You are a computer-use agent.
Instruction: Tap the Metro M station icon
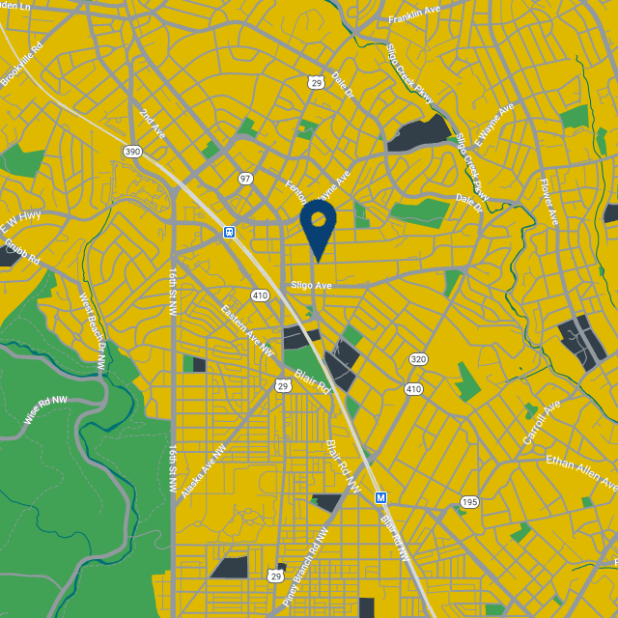click(380, 497)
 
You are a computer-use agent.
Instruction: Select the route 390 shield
click(132, 152)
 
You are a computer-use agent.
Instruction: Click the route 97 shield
click(245, 179)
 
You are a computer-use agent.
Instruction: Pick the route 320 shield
click(417, 359)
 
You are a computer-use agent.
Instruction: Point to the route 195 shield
click(469, 502)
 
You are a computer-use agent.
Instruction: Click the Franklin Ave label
click(414, 18)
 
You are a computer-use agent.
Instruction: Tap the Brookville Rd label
click(22, 65)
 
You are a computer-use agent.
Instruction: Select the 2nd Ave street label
click(152, 123)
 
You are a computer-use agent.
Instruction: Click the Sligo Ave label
click(311, 286)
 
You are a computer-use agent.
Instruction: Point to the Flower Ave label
click(548, 203)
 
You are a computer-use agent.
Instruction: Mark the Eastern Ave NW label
click(242, 327)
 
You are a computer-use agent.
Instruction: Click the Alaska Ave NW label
click(203, 471)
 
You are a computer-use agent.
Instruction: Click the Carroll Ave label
click(542, 423)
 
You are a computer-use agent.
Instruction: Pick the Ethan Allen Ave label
click(579, 470)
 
